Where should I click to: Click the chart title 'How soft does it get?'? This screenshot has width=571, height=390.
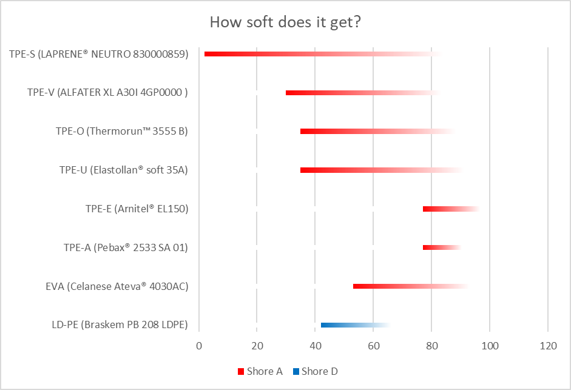coord(286,22)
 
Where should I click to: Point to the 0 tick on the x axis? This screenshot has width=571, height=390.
coord(199,346)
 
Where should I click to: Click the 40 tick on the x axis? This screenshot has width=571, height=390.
coord(316,346)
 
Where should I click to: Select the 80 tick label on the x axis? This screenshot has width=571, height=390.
coord(431,346)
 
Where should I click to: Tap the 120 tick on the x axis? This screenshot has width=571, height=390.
coord(548,346)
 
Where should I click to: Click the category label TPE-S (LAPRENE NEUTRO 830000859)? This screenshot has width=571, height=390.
coord(99,54)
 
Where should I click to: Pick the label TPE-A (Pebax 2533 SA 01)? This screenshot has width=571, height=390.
coord(126,247)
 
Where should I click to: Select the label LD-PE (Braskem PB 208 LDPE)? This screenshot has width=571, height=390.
coord(120,325)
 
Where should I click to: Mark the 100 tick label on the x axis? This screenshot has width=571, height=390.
coord(490,346)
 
